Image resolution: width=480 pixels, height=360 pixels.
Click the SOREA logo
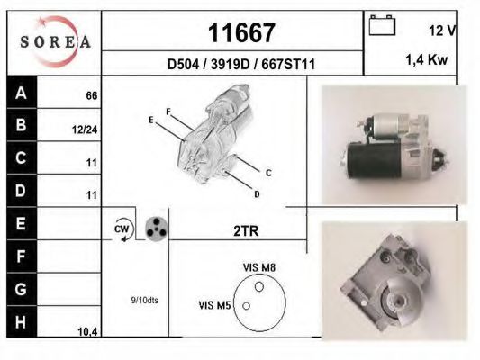(x=55, y=41)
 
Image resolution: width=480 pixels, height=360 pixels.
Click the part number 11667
(x=241, y=32)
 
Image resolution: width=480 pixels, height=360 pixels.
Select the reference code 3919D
(x=231, y=65)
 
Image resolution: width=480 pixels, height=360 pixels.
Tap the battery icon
(x=382, y=25)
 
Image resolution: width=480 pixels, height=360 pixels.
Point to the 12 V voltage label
(x=443, y=31)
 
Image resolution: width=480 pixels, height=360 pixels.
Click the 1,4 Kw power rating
(x=427, y=59)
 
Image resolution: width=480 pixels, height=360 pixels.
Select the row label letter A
(x=21, y=93)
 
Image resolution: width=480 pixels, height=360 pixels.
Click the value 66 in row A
(x=92, y=96)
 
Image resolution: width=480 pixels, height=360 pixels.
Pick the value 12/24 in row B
(x=85, y=130)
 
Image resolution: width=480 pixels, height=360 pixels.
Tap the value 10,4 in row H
(x=87, y=331)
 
